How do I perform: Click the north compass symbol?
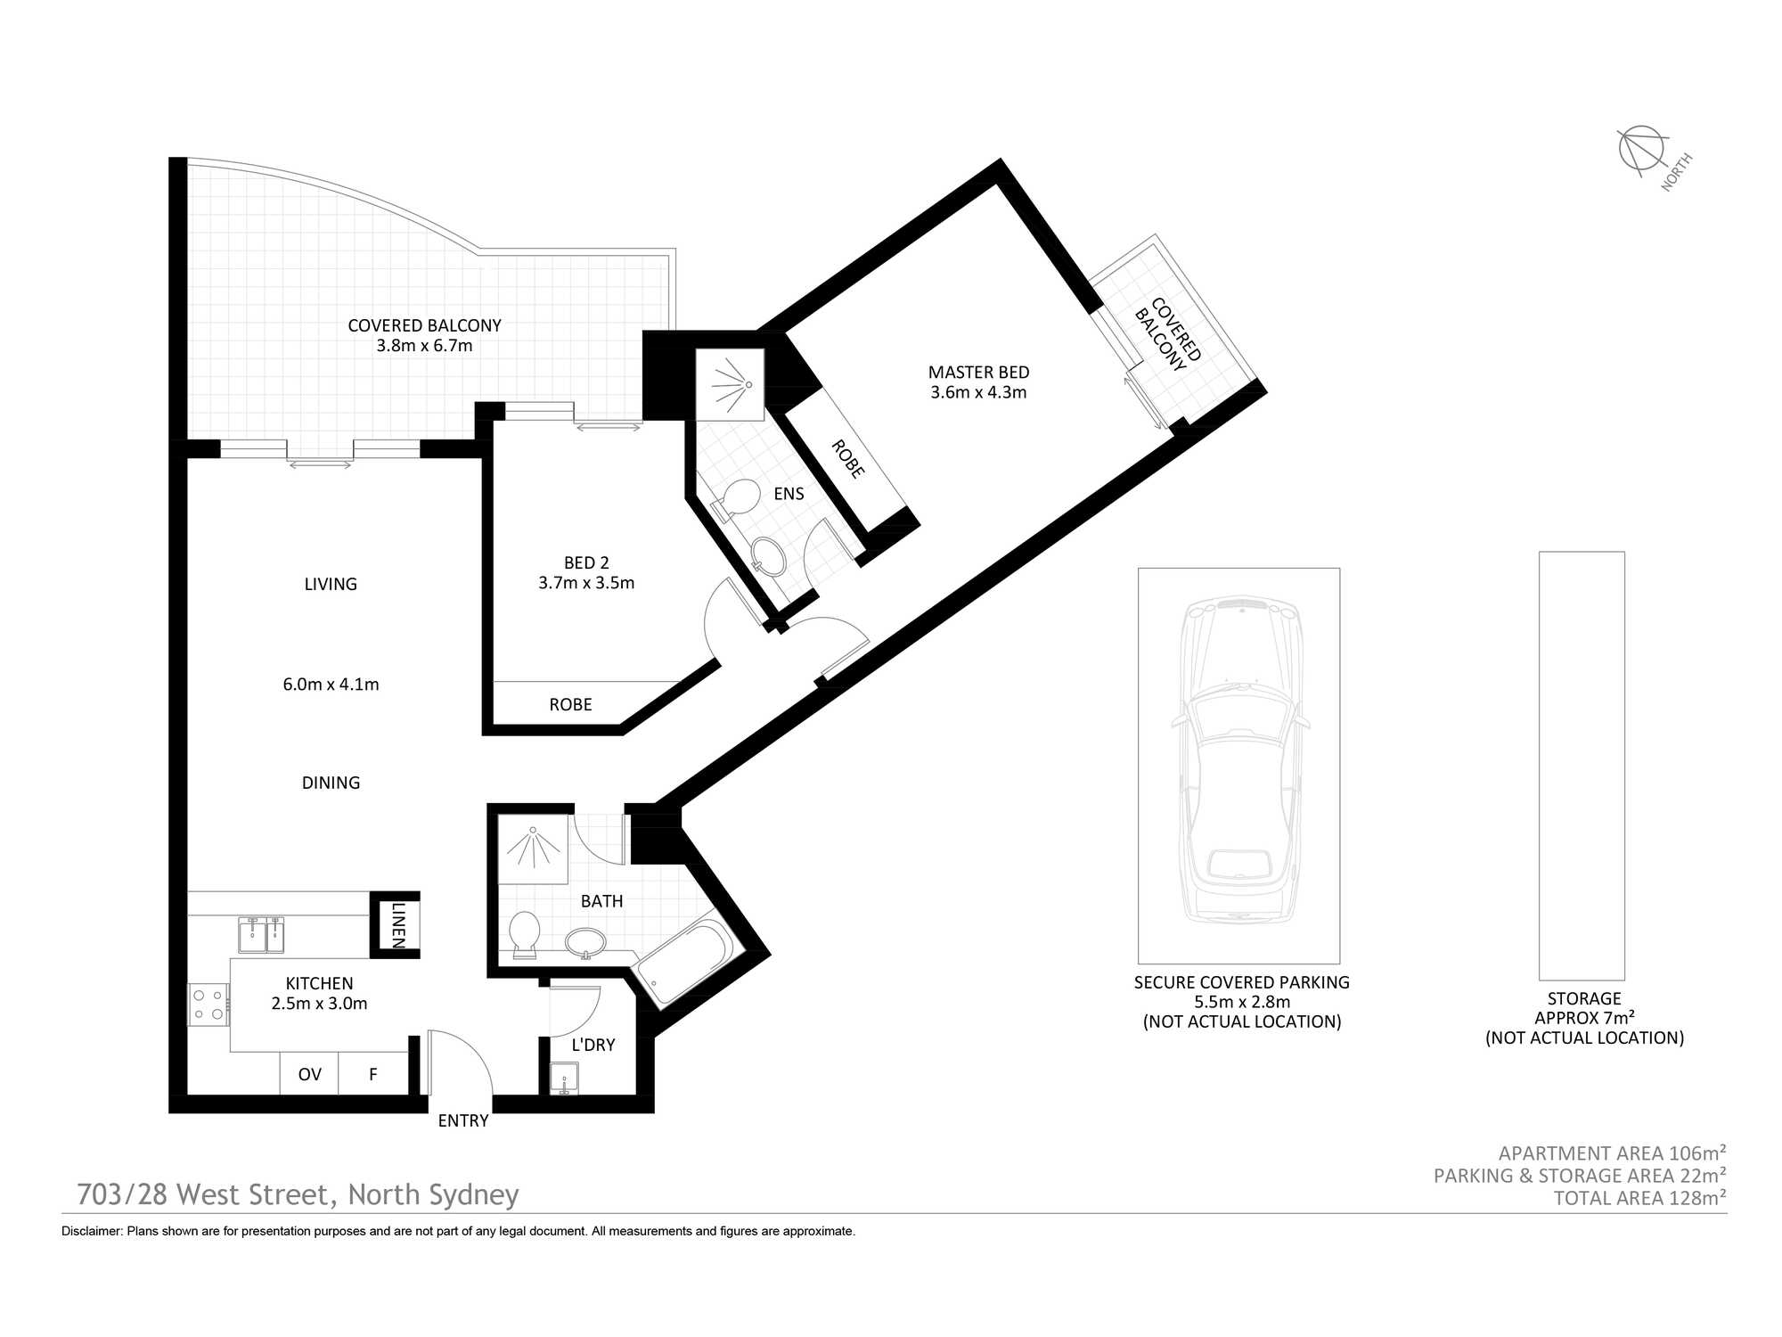(1642, 149)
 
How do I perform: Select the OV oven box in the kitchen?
(309, 1074)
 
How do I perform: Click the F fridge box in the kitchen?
(373, 1074)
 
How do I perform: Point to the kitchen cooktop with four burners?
(208, 1005)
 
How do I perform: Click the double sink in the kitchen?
(261, 935)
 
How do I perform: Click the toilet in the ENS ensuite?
(736, 499)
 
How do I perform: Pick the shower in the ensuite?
(730, 384)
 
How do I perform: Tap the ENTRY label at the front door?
(462, 1120)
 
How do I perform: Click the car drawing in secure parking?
(1239, 762)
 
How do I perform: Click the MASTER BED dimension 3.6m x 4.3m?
(978, 392)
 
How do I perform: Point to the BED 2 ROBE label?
(570, 704)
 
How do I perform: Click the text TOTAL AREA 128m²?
(1639, 1198)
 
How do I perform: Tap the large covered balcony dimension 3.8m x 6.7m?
(424, 346)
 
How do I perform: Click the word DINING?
(331, 783)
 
